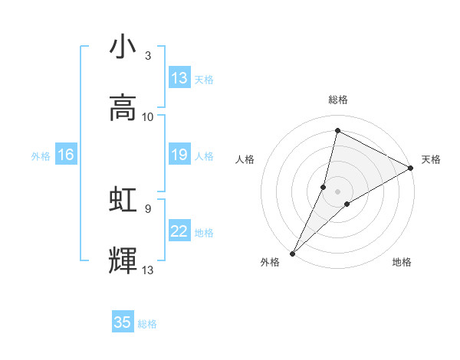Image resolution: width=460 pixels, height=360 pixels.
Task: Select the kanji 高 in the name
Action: pyautogui.click(x=123, y=108)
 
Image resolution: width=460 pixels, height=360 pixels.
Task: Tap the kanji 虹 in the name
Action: pyautogui.click(x=123, y=200)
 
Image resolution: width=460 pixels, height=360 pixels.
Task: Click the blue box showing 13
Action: pyautogui.click(x=179, y=78)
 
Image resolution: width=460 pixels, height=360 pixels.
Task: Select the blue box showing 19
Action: pyautogui.click(x=179, y=155)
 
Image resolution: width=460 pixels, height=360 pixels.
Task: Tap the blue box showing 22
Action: pyautogui.click(x=179, y=232)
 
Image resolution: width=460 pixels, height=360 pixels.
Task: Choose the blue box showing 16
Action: pyautogui.click(x=66, y=155)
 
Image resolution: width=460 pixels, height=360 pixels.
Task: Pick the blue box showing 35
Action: pyautogui.click(x=123, y=322)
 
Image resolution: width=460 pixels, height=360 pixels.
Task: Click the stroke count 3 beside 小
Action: pyautogui.click(x=148, y=56)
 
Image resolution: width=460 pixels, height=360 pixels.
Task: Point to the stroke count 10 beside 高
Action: pyautogui.click(x=148, y=117)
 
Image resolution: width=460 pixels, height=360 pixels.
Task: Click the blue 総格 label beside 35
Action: pyautogui.click(x=147, y=324)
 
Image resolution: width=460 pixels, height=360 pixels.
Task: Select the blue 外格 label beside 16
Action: pyautogui.click(x=41, y=156)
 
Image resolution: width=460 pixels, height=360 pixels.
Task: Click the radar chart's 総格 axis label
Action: pyautogui.click(x=338, y=100)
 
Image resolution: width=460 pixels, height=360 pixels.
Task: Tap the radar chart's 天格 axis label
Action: pyautogui.click(x=432, y=159)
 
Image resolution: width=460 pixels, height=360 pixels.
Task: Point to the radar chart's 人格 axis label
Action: pyautogui.click(x=245, y=159)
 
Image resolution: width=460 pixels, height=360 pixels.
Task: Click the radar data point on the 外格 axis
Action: pyautogui.click(x=293, y=253)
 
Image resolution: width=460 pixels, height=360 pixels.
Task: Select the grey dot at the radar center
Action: pyautogui.click(x=338, y=191)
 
